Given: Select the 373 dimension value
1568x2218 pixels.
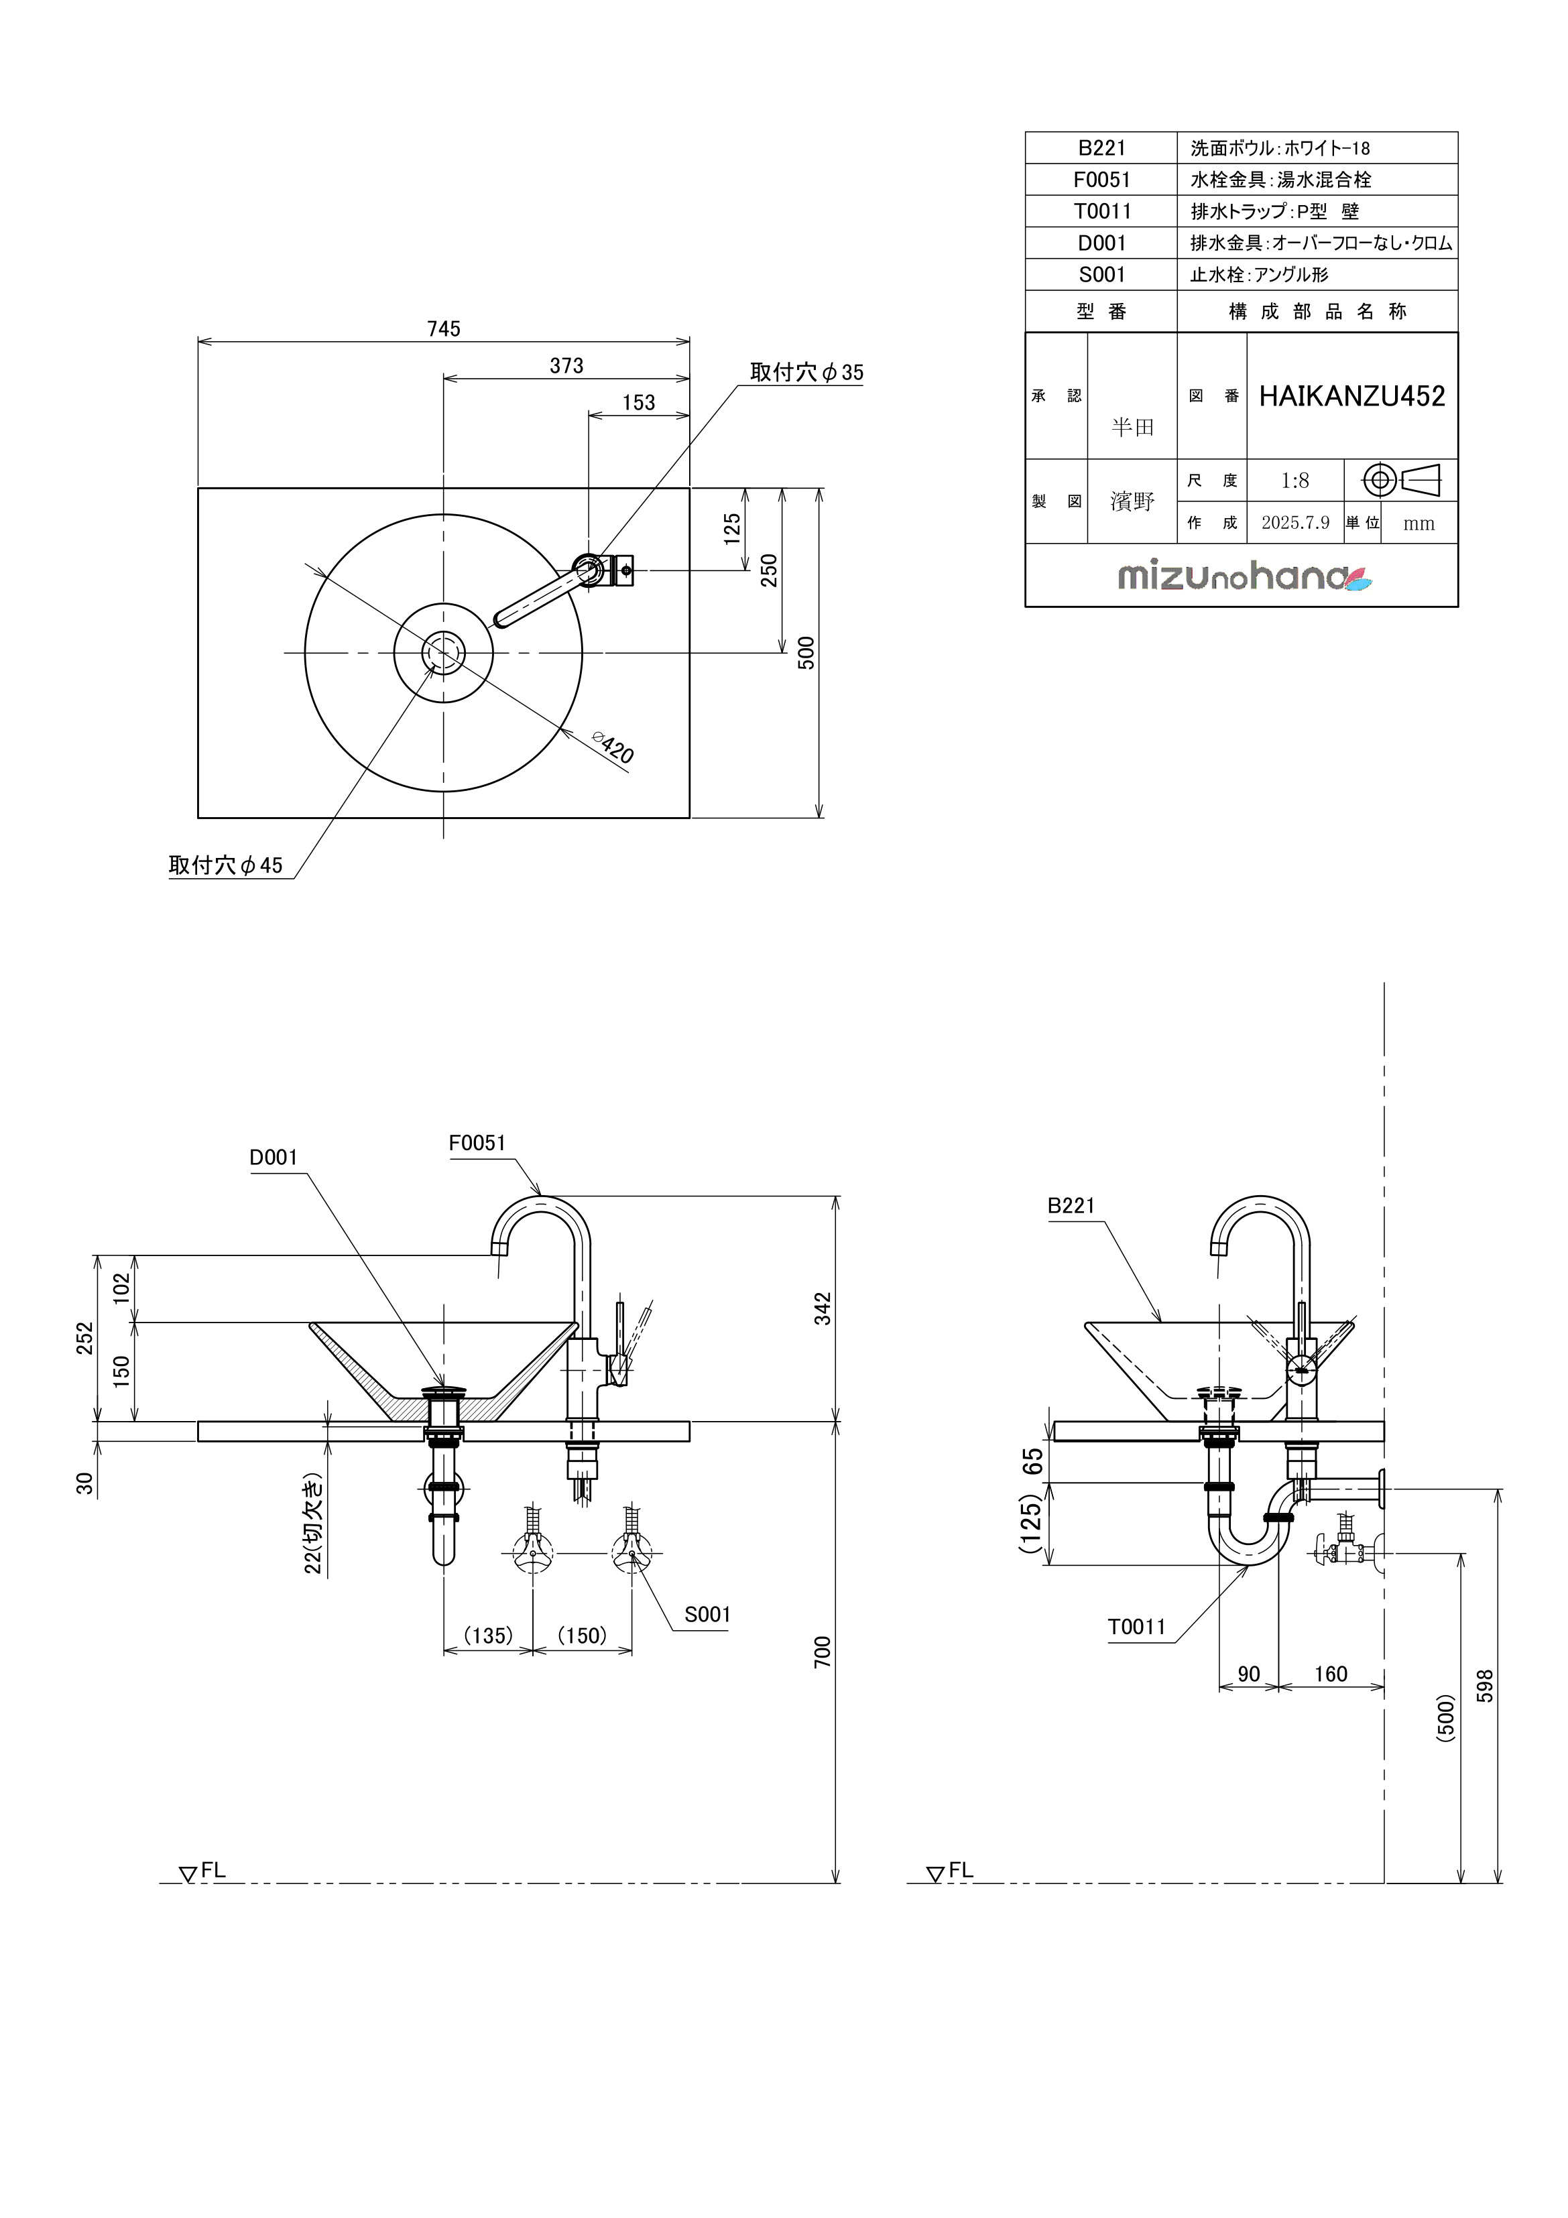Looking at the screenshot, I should [566, 365].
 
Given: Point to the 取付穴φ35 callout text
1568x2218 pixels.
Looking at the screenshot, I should [806, 373].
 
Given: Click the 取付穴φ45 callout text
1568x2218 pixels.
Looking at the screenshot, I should [225, 865].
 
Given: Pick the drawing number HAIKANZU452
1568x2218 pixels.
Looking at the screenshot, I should [1351, 396].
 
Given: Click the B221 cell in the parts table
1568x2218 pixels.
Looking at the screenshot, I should [1101, 148].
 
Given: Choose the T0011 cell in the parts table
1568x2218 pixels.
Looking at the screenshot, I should [1101, 212].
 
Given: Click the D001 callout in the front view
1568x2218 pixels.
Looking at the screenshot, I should [274, 1158].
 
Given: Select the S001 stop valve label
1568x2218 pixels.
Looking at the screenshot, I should [707, 1614].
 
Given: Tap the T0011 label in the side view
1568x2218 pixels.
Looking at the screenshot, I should [1136, 1627].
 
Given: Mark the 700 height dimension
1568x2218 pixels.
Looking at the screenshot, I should [822, 1652].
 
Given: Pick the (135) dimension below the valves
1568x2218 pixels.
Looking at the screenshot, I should [488, 1636].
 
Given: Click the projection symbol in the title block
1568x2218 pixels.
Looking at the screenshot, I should [1401, 480].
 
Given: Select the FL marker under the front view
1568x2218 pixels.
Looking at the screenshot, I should [203, 1871].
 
